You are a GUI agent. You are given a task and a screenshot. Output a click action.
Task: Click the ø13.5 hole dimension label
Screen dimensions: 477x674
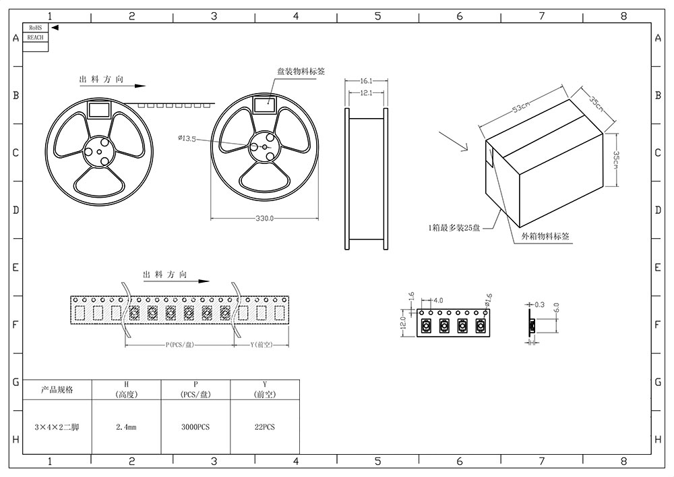click(x=187, y=139)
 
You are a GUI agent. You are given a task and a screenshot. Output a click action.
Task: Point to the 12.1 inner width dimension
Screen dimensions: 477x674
click(x=367, y=92)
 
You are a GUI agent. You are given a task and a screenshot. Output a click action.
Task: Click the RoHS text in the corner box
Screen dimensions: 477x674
click(x=35, y=28)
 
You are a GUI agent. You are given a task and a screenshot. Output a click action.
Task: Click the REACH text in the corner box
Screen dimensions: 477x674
click(x=35, y=38)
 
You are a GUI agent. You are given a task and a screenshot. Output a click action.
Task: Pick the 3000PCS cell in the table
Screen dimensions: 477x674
click(x=195, y=427)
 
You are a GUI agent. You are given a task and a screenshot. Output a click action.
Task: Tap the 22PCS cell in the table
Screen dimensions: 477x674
click(x=265, y=427)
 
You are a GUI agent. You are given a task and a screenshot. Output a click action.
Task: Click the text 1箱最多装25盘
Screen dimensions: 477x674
click(x=454, y=228)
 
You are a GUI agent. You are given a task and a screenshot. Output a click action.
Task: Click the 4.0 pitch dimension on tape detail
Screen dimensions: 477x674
click(x=437, y=300)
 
